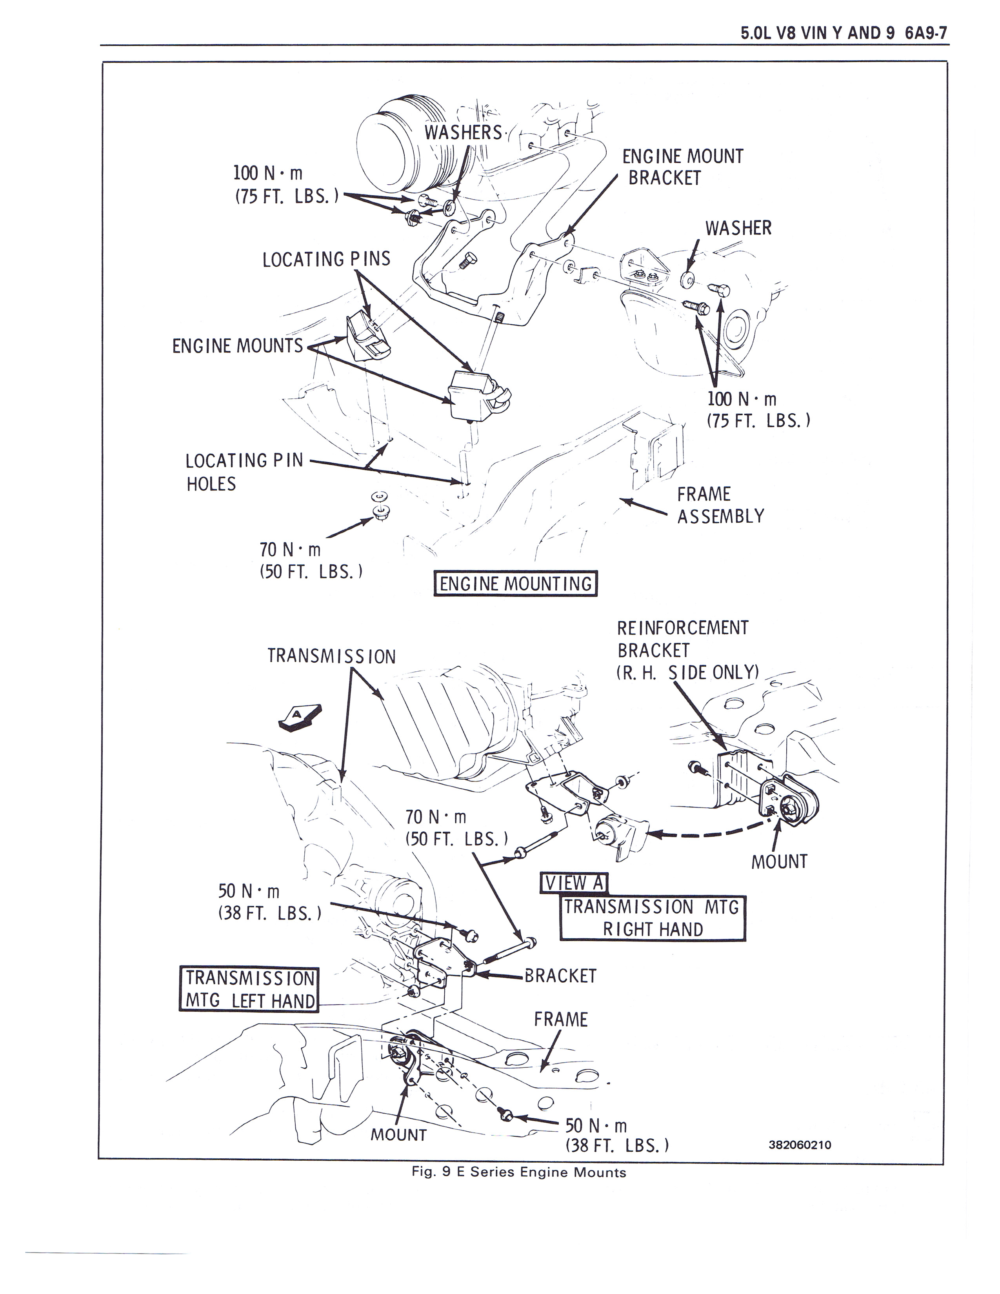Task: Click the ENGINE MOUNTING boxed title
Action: [515, 583]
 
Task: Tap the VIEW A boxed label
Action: [573, 883]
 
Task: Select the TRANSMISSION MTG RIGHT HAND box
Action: [652, 918]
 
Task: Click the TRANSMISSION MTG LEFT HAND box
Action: [249, 989]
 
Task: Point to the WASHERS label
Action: [463, 132]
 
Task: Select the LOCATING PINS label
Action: [326, 259]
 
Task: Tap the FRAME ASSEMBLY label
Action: [720, 505]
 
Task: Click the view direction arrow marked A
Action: [299, 718]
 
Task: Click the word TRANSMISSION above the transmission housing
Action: [331, 656]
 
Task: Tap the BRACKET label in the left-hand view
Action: [560, 976]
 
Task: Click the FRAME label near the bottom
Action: [560, 1019]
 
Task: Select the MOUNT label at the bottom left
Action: [398, 1135]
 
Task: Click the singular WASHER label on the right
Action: [738, 228]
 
